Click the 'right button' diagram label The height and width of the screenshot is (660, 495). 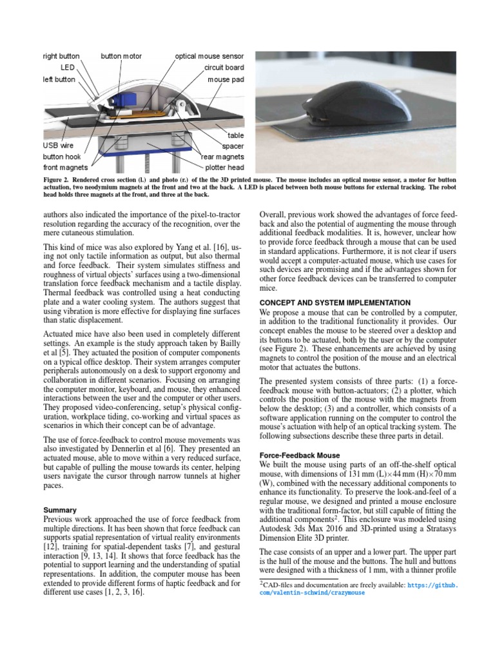click(x=61, y=56)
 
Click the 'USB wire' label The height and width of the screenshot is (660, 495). click(x=59, y=146)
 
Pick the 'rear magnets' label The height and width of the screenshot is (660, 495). click(x=222, y=157)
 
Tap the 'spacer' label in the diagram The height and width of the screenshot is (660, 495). click(x=233, y=146)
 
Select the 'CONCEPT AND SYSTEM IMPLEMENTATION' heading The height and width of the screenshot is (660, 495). click(x=334, y=302)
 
